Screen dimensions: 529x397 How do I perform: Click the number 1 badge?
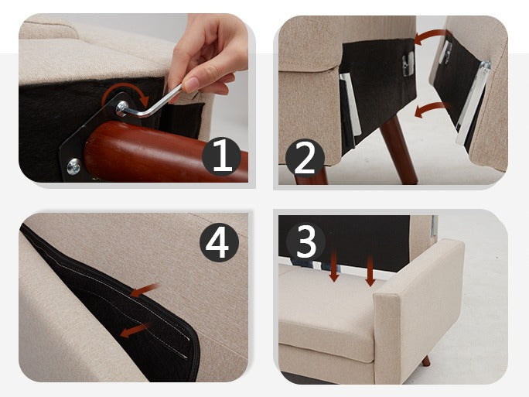pyautogui.click(x=221, y=156)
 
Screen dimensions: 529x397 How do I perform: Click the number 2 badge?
pyautogui.click(x=305, y=159)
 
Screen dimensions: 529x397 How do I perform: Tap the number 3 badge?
pyautogui.click(x=305, y=241)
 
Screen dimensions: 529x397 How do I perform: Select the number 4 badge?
pyautogui.click(x=220, y=242)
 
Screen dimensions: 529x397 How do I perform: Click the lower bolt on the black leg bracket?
pyautogui.click(x=73, y=166)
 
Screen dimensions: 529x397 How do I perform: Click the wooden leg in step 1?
pyautogui.click(x=166, y=152)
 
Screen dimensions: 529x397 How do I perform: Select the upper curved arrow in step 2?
pyautogui.click(x=428, y=35)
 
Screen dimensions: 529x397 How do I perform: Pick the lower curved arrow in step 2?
pyautogui.click(x=431, y=108)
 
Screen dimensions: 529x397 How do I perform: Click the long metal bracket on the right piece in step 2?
pyautogui.click(x=473, y=102)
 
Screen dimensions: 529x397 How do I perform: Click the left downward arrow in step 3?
pyautogui.click(x=334, y=266)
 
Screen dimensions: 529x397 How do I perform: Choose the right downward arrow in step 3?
pyautogui.click(x=370, y=271)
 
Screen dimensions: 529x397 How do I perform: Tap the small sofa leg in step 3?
pyautogui.click(x=426, y=361)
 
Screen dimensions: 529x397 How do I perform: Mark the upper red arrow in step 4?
pyautogui.click(x=145, y=289)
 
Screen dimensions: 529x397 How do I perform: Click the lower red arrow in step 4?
pyautogui.click(x=135, y=330)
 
